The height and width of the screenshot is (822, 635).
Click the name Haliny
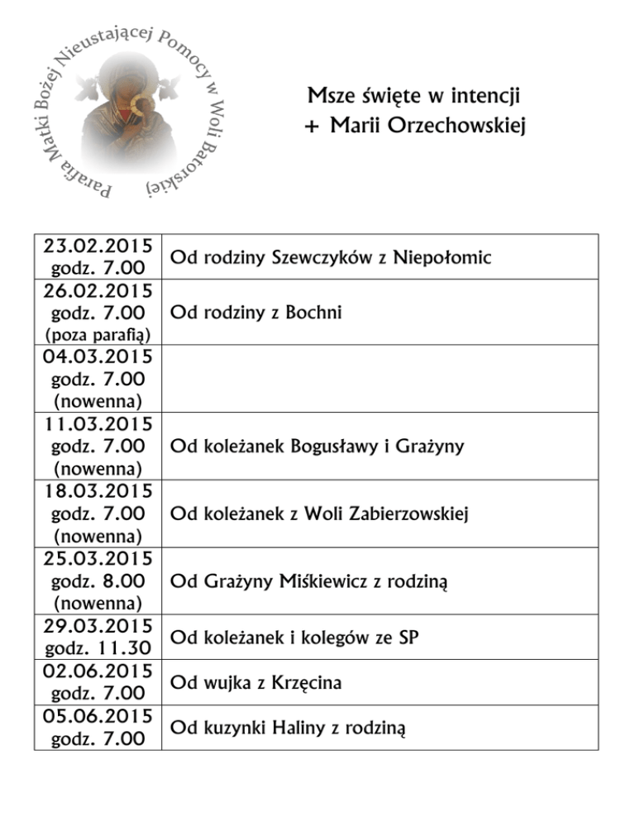click(x=292, y=729)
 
